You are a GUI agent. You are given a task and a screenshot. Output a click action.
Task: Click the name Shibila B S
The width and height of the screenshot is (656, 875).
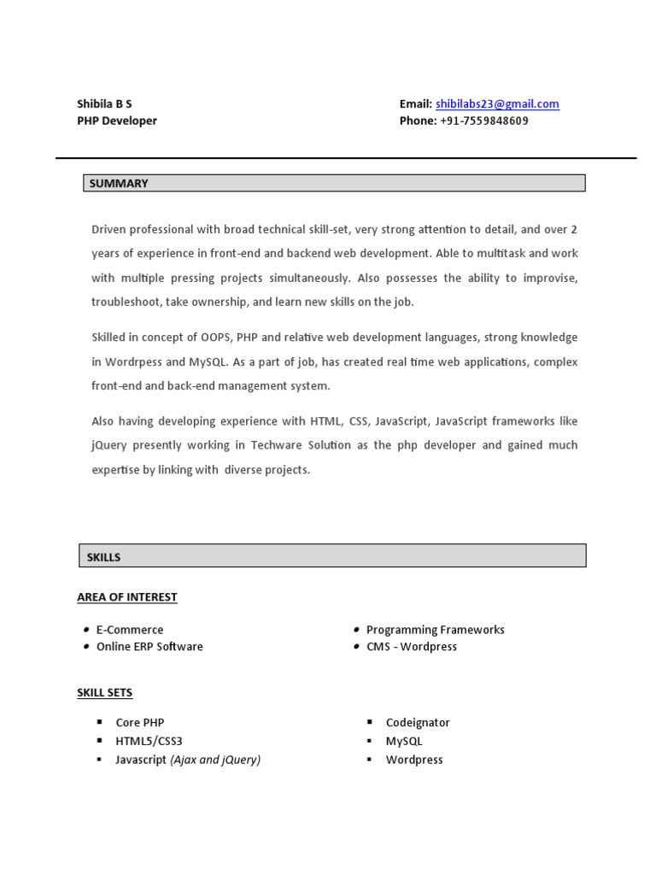[x=104, y=104]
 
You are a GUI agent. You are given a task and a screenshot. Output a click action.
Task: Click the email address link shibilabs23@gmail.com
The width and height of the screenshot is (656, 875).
[x=497, y=104]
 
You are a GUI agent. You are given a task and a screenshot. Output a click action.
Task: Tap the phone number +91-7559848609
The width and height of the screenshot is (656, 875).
[x=484, y=120]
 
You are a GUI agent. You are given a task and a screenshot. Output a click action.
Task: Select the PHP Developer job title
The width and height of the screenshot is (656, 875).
[x=117, y=120]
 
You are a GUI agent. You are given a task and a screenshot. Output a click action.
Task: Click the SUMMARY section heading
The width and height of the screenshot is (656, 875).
[x=119, y=183]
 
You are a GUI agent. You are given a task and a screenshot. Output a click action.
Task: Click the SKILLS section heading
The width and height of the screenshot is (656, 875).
[x=103, y=557]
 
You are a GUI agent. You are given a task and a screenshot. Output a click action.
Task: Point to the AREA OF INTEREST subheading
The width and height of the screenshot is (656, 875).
[x=127, y=597]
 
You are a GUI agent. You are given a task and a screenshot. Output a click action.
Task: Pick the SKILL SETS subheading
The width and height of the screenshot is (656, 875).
[x=105, y=692]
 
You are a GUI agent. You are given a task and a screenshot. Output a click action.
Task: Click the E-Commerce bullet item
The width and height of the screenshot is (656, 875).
[x=130, y=630]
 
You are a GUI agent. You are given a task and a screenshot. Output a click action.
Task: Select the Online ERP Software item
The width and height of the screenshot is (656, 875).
[x=149, y=647]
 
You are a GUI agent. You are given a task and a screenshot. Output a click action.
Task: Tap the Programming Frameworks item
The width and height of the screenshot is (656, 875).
[x=436, y=630]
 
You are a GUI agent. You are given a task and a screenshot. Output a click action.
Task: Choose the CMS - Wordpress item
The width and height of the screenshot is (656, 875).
[x=412, y=647]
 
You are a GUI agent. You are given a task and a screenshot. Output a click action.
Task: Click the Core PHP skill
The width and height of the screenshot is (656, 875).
[x=140, y=723]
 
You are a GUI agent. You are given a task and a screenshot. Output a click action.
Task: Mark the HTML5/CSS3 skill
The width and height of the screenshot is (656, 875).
[x=149, y=741]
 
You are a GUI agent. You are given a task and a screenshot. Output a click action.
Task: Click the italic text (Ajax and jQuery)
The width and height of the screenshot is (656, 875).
[x=215, y=760]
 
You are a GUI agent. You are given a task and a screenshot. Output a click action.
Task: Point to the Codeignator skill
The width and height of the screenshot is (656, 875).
[x=418, y=723]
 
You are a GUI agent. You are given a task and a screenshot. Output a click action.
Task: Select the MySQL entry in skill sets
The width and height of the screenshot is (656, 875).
[x=404, y=741]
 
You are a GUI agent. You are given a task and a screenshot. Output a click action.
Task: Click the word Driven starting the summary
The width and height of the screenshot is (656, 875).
[x=109, y=229]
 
